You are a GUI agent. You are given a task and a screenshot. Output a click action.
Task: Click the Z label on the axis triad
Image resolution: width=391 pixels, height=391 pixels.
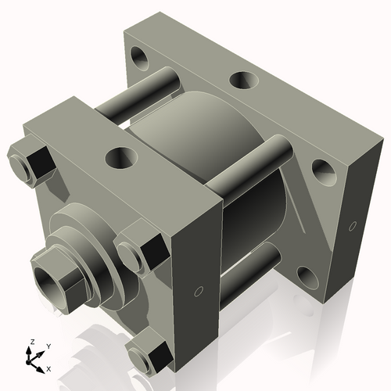click(x=30, y=343)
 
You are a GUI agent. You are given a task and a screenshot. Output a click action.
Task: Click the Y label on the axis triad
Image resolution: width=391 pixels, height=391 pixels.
click(x=48, y=346)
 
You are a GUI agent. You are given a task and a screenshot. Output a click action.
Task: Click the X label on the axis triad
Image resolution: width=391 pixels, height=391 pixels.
click(x=49, y=368)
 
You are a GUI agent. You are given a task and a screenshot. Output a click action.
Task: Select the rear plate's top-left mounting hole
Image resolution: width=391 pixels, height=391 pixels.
click(x=142, y=56)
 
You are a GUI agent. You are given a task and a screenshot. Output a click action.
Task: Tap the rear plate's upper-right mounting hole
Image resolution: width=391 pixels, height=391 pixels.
click(x=321, y=167)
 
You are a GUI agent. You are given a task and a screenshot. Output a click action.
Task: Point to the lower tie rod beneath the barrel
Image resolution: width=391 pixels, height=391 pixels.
click(x=250, y=262)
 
